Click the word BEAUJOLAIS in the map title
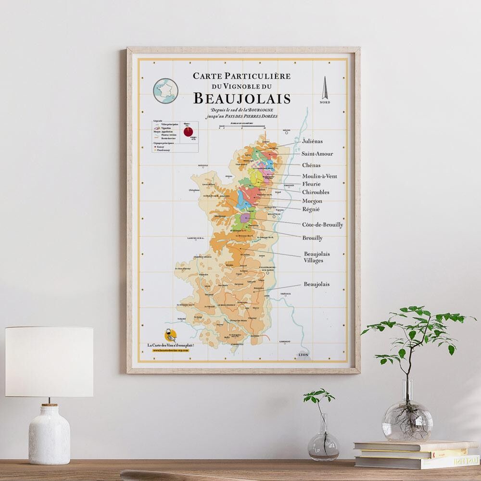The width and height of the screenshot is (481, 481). pos(242,99)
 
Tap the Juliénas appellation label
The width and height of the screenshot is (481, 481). pos(312,141)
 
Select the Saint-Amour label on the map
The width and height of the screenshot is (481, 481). pos(317,154)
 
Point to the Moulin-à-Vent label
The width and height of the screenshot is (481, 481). pos(319,176)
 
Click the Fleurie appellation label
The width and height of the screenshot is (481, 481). pos(312,184)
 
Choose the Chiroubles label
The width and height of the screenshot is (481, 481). pos(316,192)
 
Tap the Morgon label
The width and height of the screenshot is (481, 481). pos(312,201)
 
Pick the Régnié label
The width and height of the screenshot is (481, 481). pos(311,209)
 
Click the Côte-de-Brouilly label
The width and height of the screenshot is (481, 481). pos(322,225)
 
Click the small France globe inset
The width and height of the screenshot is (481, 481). pos(165,90)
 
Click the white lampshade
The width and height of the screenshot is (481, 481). pos(49,361)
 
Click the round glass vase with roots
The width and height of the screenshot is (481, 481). pos(407,420)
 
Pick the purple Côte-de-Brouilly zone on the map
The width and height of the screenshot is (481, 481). pos(245,218)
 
